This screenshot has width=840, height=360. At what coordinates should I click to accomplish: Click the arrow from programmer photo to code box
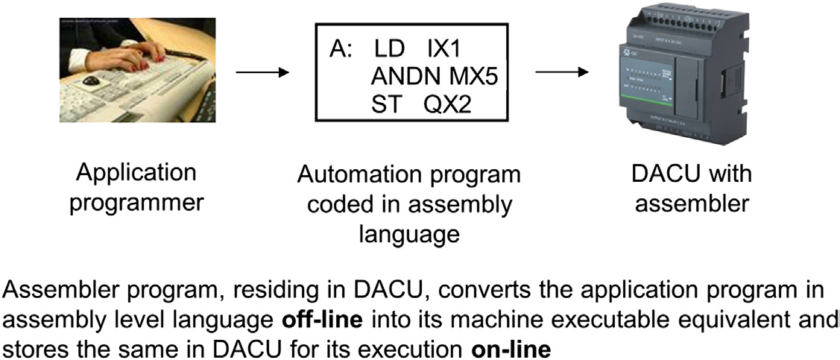click(x=261, y=72)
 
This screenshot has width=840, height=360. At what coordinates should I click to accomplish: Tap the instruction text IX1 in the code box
click(x=444, y=50)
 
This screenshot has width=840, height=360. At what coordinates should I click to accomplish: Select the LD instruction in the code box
click(x=388, y=50)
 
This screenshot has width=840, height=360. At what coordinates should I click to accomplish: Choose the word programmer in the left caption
click(x=136, y=202)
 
